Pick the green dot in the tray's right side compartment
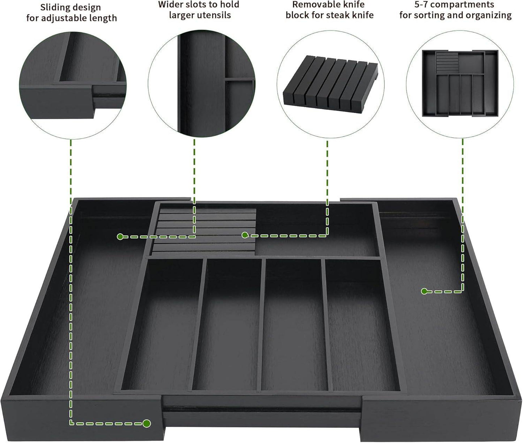[x=424, y=291]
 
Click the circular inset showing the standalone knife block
[x=330, y=84]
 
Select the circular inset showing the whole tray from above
[x=460, y=84]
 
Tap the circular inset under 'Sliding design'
[x=73, y=85]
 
